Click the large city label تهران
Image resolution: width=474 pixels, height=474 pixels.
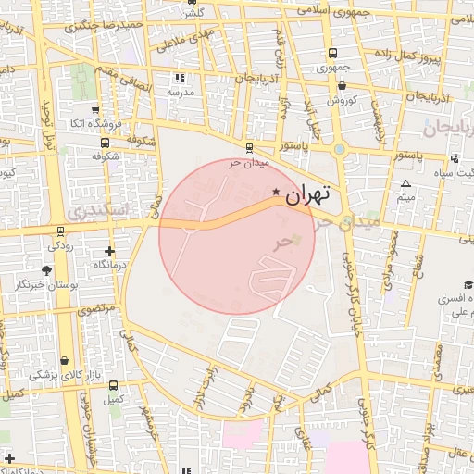tap(308, 195)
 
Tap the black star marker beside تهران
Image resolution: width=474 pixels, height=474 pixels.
tap(276, 192)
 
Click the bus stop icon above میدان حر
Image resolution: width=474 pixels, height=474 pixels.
tap(248, 147)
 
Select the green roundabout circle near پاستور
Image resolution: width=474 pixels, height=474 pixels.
tap(340, 148)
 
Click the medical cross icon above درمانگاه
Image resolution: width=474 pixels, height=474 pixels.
tap(110, 251)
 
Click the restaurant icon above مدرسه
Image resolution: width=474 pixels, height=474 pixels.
tap(180, 80)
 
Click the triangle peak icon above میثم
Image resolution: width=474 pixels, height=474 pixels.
tap(405, 184)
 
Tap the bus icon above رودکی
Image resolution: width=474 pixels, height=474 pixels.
tap(61, 231)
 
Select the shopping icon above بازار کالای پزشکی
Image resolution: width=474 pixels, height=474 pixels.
tap(64, 361)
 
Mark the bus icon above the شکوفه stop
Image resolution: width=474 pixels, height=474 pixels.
tap(105, 143)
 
